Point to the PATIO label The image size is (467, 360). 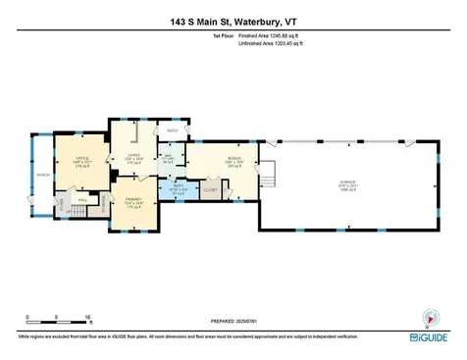coord(173,130)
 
